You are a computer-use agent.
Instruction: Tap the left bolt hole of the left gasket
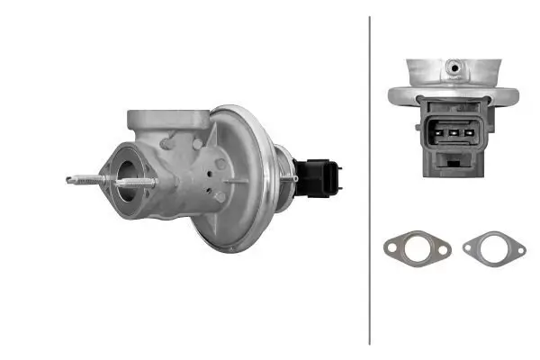[390, 243]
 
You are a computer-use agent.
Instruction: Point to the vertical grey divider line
[370, 180]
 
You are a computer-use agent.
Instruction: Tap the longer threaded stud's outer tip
[70, 180]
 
